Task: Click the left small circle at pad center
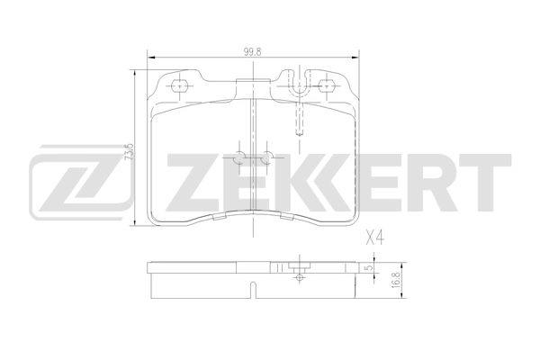239,157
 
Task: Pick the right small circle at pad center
268,157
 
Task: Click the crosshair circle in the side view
298,277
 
